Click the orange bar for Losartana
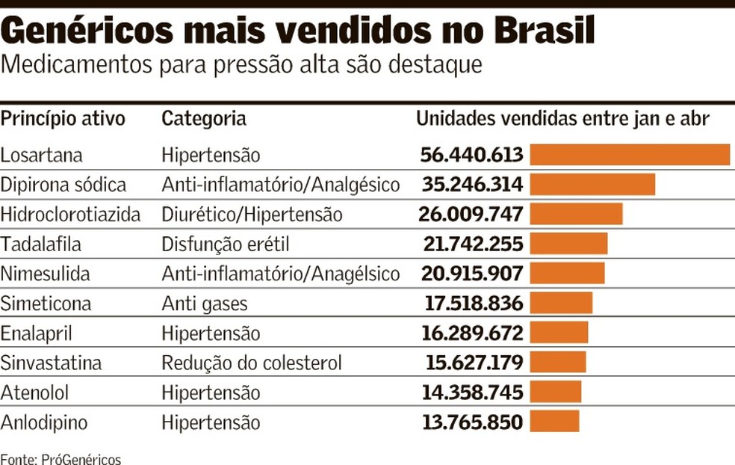click(630, 155)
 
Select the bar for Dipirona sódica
click(592, 185)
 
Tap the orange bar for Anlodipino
click(554, 422)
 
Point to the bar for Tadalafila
click(568, 244)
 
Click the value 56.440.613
click(471, 155)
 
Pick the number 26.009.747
click(471, 215)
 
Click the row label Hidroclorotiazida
click(70, 215)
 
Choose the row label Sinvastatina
click(51, 363)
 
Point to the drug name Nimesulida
click(45, 274)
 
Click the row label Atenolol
click(36, 392)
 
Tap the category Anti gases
click(204, 304)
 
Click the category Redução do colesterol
click(252, 363)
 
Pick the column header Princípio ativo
click(63, 119)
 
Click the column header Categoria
click(204, 119)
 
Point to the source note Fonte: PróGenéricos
click(60, 458)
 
